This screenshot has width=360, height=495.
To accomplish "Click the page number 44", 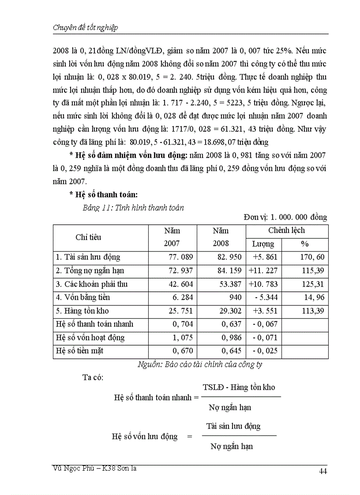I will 322,472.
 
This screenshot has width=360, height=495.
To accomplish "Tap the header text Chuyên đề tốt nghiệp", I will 85,27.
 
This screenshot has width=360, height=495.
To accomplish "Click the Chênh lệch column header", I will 286,231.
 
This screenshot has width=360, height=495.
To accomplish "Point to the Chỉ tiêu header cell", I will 88,237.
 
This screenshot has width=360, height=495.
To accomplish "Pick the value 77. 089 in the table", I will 181,257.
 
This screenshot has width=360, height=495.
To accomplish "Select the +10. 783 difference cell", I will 263,284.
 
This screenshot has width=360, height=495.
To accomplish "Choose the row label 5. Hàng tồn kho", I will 82,311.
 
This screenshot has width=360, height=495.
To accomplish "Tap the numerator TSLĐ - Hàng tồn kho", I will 239,387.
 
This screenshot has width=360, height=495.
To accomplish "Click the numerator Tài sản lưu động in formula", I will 233,426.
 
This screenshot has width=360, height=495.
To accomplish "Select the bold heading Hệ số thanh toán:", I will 104,194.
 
